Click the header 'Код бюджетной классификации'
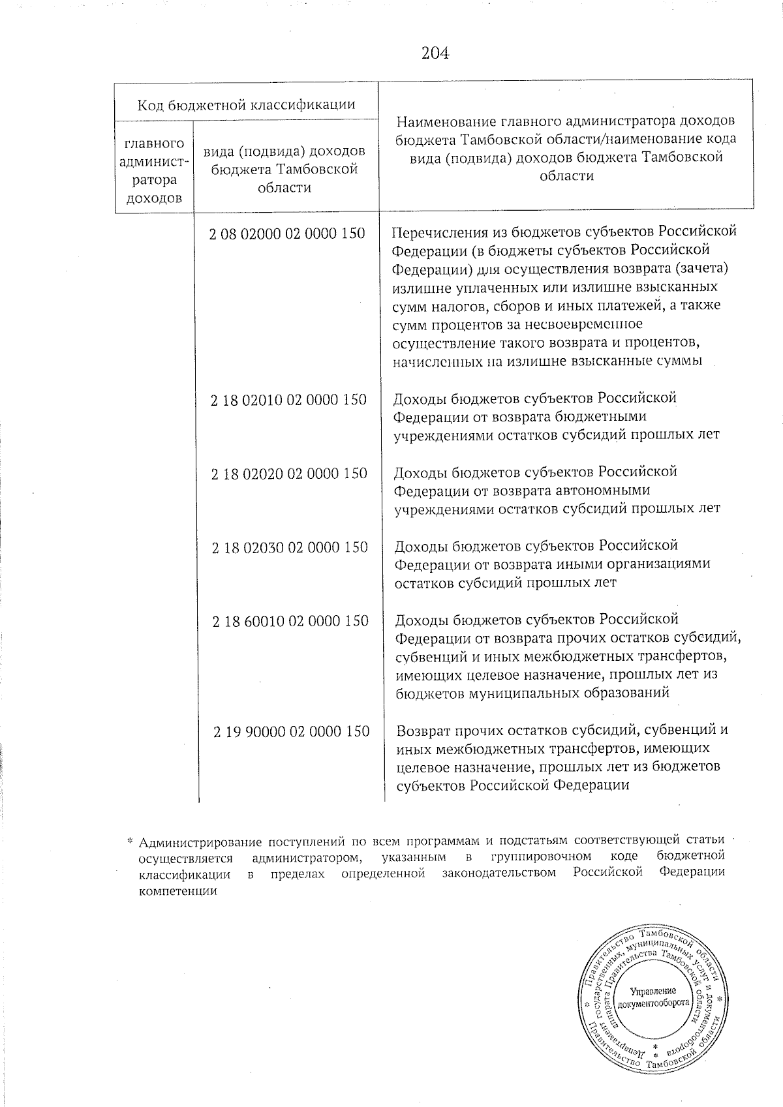(246, 104)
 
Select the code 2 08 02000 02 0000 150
(287, 234)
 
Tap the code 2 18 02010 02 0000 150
(288, 400)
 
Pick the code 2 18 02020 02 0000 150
(289, 474)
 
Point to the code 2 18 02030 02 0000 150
(290, 547)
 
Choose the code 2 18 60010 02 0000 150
(290, 621)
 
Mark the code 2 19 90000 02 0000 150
(291, 732)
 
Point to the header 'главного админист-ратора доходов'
(154, 170)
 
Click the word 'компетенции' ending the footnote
(177, 891)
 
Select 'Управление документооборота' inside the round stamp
(653, 996)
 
